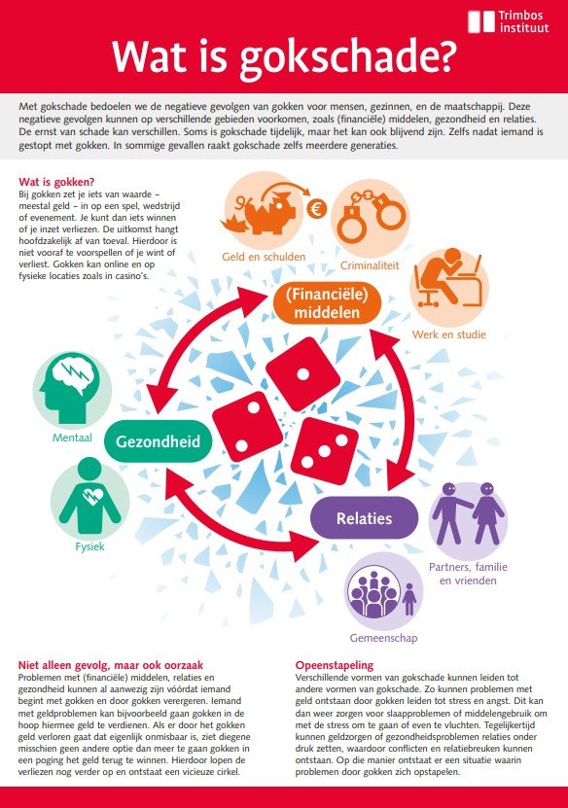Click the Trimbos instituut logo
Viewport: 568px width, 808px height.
point(509,21)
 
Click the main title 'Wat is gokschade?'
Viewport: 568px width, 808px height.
point(284,56)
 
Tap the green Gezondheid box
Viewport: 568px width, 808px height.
point(158,441)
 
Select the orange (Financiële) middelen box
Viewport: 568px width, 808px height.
point(327,303)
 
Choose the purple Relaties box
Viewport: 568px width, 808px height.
point(364,518)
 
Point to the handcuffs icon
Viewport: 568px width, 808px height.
point(371,217)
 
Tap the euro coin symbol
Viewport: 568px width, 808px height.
point(316,209)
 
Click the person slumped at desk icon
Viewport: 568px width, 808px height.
point(449,281)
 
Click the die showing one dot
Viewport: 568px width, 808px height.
point(303,373)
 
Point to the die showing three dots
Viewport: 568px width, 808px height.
point(325,451)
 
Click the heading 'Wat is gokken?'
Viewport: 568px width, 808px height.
point(56,182)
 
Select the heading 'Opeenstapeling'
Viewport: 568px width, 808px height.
point(335,665)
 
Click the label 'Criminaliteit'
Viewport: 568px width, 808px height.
point(370,265)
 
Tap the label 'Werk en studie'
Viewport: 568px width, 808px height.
point(449,334)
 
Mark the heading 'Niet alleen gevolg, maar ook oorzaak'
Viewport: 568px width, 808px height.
point(111,665)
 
